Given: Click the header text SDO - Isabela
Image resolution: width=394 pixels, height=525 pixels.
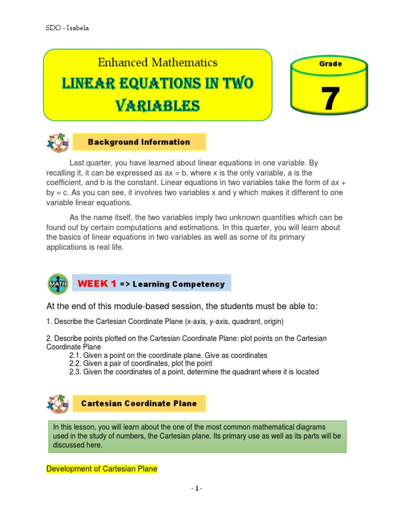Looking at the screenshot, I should [68, 28].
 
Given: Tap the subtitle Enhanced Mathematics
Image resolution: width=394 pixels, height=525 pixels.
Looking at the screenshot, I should [157, 63].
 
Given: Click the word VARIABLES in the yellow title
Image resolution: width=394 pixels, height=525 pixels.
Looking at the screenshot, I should [157, 106].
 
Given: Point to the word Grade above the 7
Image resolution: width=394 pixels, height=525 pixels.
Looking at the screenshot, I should [330, 64].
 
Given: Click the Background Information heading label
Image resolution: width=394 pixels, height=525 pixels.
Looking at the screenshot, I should [139, 142].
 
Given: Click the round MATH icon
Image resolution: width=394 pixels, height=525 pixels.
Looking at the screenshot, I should [57, 284].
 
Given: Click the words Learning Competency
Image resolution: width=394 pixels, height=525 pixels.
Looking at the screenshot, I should [179, 284].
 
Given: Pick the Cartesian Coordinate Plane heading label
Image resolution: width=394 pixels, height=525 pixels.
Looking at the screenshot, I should [139, 403].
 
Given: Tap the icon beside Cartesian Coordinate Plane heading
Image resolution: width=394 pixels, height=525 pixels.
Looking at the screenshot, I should [57, 403].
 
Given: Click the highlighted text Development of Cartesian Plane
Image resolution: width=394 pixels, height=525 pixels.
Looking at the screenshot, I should [102, 469].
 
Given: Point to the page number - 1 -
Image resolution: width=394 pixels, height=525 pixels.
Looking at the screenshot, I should [196, 489].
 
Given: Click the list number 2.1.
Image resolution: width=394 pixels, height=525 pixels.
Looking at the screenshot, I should [75, 355].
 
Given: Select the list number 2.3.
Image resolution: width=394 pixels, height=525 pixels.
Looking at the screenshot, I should [75, 372].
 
